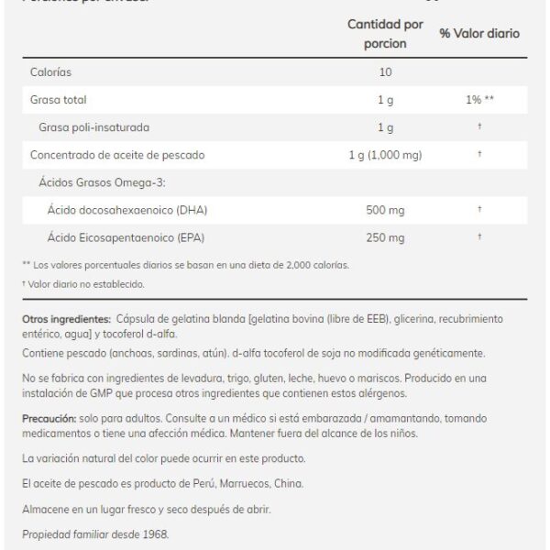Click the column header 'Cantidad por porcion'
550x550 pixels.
tap(385, 33)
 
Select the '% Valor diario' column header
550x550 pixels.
tap(478, 34)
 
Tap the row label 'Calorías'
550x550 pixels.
tap(51, 71)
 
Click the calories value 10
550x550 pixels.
tap(384, 71)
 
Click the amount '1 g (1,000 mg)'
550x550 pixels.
tap(384, 154)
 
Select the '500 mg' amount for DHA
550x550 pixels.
tap(384, 210)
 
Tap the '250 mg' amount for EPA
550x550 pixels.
tap(384, 238)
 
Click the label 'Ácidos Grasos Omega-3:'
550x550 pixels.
tap(94, 182)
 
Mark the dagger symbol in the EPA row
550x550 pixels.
tap(479, 238)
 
